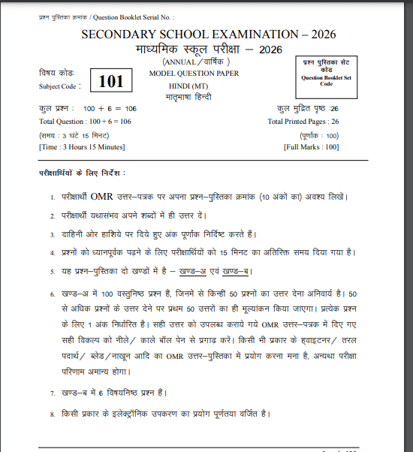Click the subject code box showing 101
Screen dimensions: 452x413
click(x=110, y=79)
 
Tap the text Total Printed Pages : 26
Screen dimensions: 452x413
click(x=303, y=121)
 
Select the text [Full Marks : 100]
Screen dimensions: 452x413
click(x=312, y=146)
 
